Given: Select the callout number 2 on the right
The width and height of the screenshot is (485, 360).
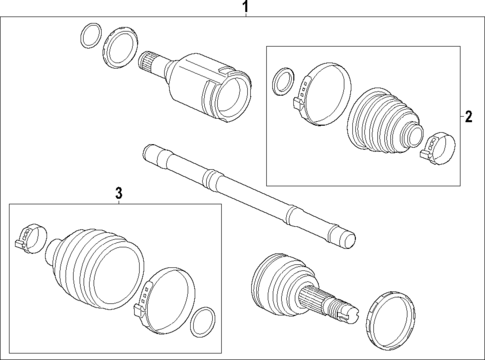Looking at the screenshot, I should coord(467,116).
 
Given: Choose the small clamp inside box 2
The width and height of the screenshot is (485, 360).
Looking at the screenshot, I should coord(435,146).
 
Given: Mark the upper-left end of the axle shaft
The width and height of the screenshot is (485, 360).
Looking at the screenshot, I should coord(152,154).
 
